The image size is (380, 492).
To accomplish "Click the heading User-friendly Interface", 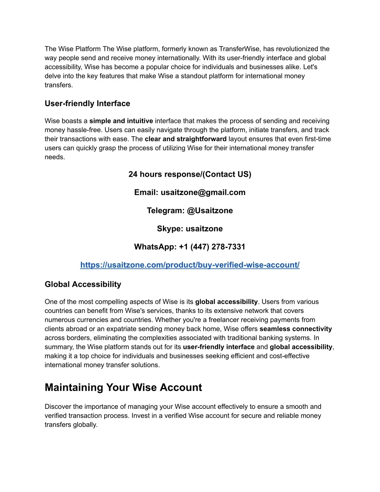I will coord(87,104).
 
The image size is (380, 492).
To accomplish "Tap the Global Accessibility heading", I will coord(83,284).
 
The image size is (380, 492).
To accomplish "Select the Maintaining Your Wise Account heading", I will coord(123,388).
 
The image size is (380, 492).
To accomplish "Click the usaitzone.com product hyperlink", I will coord(190,265).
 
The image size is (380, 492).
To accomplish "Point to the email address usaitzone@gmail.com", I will coord(203,192).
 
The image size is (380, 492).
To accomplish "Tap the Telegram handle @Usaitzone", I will coord(210,211).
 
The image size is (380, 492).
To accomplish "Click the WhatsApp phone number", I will coord(212,247).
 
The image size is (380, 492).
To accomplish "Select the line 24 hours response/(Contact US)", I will coord(190,174).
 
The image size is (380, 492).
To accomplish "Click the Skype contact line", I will coord(190,229).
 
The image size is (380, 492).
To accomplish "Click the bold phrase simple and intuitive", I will coord(121,121).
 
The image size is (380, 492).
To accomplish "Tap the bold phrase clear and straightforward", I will coord(186,139).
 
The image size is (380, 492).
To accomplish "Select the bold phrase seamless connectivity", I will coord(296,329).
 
